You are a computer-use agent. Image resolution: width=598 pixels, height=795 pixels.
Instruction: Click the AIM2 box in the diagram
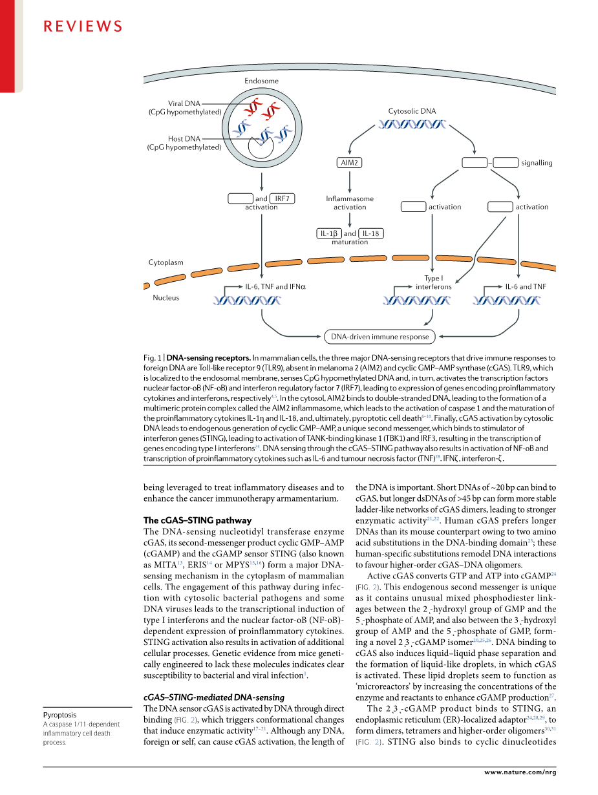[x=349, y=163]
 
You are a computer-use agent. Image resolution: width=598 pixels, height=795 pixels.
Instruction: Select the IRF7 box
[x=282, y=198]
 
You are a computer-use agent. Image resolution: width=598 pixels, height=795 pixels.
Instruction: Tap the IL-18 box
[x=371, y=233]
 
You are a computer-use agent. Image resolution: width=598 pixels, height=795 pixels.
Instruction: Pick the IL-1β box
[x=329, y=233]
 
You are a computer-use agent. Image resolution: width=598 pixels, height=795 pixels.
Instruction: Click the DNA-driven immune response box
[x=380, y=336]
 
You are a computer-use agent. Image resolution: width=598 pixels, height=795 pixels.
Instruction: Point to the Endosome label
[x=262, y=81]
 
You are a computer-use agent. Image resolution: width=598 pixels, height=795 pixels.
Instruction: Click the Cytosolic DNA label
[x=412, y=111]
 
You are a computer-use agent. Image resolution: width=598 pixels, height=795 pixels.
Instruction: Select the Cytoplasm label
[x=166, y=262]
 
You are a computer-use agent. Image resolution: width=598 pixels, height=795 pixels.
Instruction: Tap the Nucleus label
[x=166, y=298]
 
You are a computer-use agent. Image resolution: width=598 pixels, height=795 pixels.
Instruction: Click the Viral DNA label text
[x=184, y=103]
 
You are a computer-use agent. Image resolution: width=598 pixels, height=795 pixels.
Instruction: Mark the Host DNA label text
[x=184, y=138]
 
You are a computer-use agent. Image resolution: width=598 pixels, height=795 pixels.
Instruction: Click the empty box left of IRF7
[x=240, y=198]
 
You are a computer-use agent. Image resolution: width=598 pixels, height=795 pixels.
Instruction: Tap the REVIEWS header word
[x=83, y=26]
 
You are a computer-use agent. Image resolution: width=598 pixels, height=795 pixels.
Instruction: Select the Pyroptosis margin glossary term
[x=59, y=715]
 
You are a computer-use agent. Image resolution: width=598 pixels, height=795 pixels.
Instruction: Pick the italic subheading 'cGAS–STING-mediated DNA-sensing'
[x=213, y=697]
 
